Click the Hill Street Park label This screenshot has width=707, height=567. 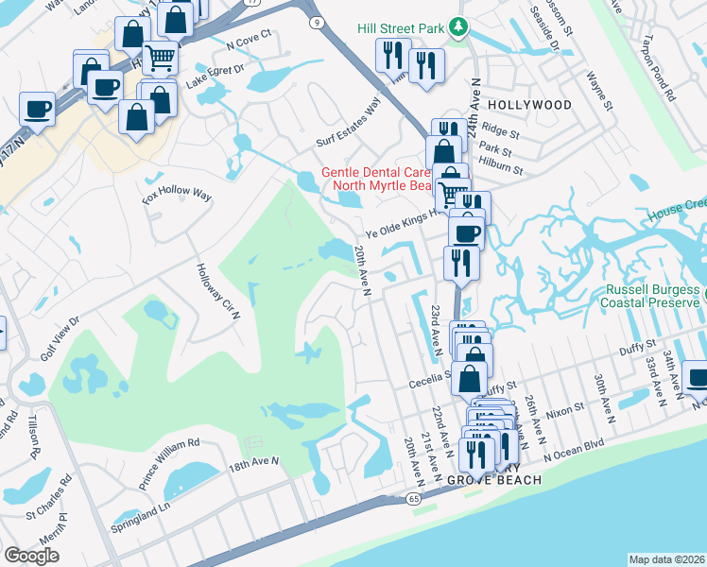(x=400, y=28)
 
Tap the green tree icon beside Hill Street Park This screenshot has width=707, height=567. (x=458, y=27)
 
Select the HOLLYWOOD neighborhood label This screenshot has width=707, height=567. (x=529, y=105)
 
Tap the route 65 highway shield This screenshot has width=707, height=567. (x=414, y=497)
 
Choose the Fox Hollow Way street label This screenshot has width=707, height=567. (x=177, y=196)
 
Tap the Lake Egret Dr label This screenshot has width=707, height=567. (x=215, y=76)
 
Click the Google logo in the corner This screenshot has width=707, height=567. (x=31, y=556)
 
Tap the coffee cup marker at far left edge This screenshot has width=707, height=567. (x=37, y=108)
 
